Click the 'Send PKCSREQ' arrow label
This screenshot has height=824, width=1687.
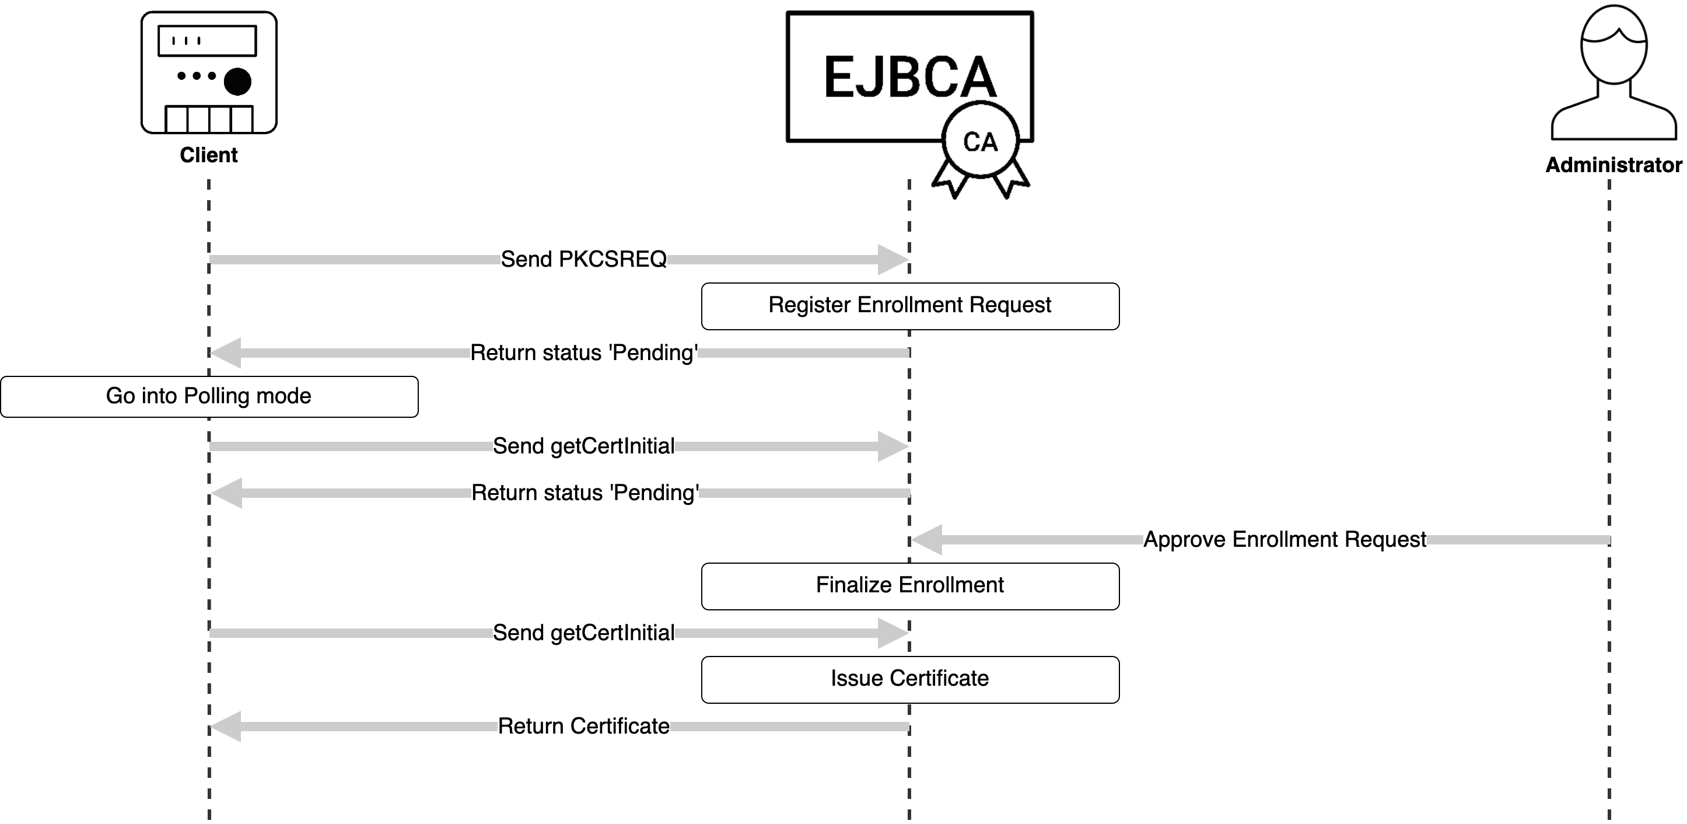583,259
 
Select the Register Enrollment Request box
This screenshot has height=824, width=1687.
909,306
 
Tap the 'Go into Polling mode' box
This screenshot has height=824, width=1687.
209,396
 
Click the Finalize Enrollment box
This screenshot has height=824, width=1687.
909,585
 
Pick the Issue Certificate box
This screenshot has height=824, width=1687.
909,679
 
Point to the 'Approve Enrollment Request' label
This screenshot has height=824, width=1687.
1284,540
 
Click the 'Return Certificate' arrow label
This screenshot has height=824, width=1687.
583,727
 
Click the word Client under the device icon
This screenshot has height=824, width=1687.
208,155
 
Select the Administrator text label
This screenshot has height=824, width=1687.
1613,165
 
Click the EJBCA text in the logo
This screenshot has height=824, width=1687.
909,77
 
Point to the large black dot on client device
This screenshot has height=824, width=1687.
237,82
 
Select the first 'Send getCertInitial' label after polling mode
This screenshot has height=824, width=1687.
583,446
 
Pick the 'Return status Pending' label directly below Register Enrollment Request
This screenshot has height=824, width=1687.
583,353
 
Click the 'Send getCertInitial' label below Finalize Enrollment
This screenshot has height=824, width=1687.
583,633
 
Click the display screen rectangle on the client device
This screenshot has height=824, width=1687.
207,41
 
